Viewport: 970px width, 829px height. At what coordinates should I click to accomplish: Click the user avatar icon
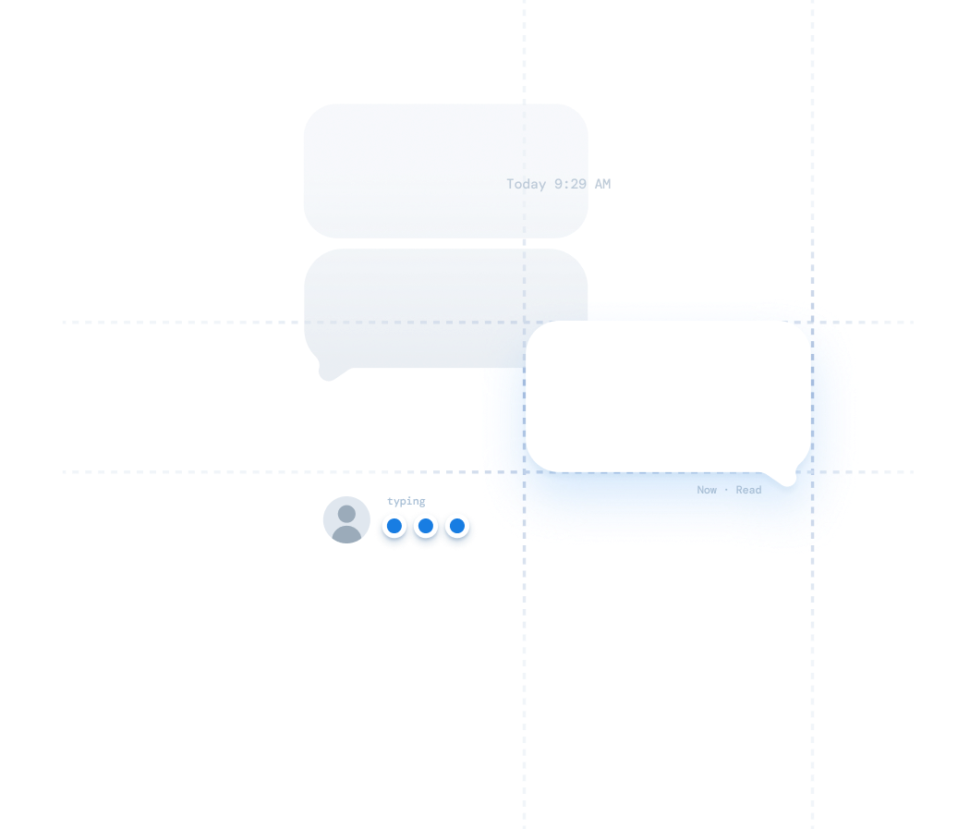click(x=346, y=519)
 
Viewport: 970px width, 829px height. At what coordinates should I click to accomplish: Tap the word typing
click(x=406, y=501)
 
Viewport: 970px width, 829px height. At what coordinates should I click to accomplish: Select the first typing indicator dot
click(x=394, y=527)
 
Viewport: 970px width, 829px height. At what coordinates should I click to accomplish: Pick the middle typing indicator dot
click(x=426, y=527)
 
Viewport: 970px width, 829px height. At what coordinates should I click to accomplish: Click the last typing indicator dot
click(x=457, y=527)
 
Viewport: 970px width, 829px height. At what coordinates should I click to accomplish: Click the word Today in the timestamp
click(x=527, y=184)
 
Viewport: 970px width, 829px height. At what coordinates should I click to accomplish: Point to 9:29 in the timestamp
click(x=570, y=184)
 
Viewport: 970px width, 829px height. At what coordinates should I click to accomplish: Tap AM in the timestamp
click(x=602, y=184)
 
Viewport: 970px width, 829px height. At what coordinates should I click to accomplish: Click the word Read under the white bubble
click(x=748, y=490)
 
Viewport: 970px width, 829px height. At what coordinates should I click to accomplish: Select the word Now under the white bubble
click(x=707, y=490)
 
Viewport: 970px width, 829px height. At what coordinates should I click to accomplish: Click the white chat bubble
click(x=668, y=396)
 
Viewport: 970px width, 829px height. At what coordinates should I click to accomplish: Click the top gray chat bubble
click(x=445, y=170)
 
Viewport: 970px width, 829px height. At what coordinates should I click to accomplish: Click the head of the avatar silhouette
click(x=346, y=513)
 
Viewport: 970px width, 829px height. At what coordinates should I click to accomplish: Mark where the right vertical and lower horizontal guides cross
click(x=813, y=472)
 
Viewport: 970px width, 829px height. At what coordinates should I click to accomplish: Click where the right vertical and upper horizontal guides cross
click(x=813, y=323)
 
